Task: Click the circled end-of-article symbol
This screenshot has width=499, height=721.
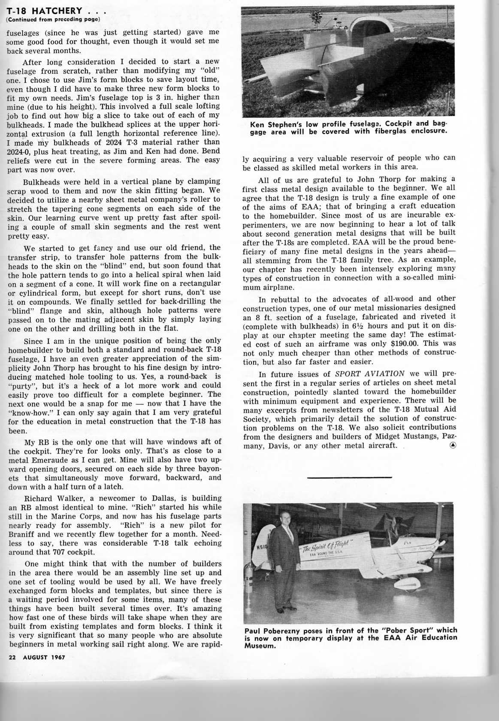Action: (x=452, y=445)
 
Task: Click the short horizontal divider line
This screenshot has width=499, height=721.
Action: (x=350, y=477)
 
